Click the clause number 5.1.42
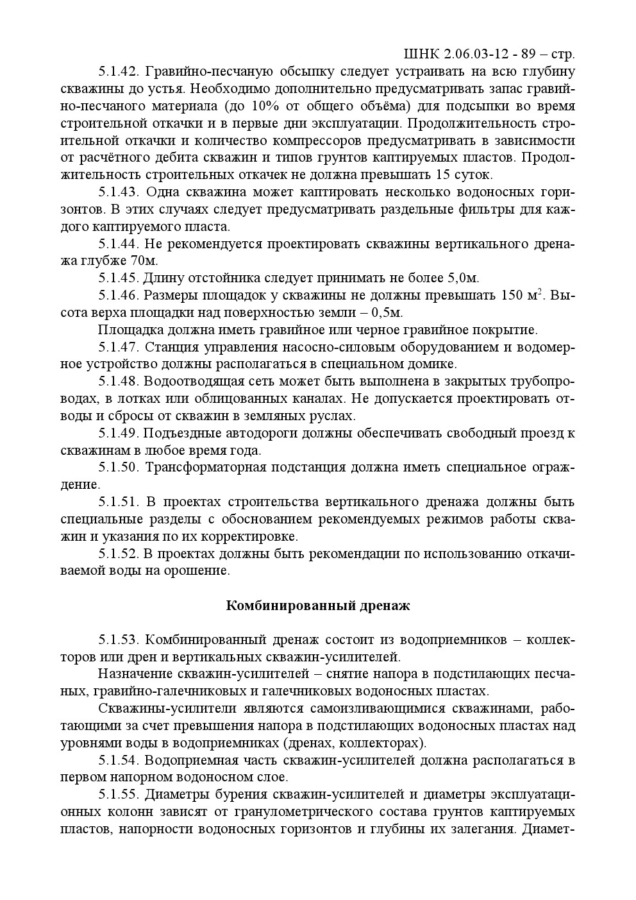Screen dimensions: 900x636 (x=119, y=71)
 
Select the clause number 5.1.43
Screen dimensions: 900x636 (x=119, y=192)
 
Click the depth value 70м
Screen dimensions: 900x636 (x=144, y=261)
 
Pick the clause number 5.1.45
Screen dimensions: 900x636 (x=119, y=278)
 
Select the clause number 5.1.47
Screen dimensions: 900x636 (x=119, y=348)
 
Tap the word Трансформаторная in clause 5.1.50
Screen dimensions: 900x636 (x=206, y=468)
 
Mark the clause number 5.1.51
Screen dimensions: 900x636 (x=119, y=502)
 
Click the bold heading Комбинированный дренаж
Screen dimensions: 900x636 (x=318, y=606)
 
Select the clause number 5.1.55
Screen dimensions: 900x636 (x=119, y=795)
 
